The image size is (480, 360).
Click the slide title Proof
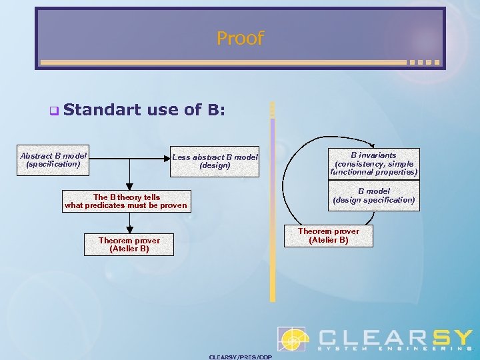coord(240,38)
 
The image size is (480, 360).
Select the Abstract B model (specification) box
coord(53,159)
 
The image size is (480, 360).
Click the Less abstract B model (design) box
coord(215,161)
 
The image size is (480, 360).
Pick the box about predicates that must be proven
coord(126,201)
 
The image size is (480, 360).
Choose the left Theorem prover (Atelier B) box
coord(129,245)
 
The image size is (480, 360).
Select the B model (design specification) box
coord(373,196)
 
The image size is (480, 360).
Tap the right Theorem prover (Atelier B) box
coord(328,236)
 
